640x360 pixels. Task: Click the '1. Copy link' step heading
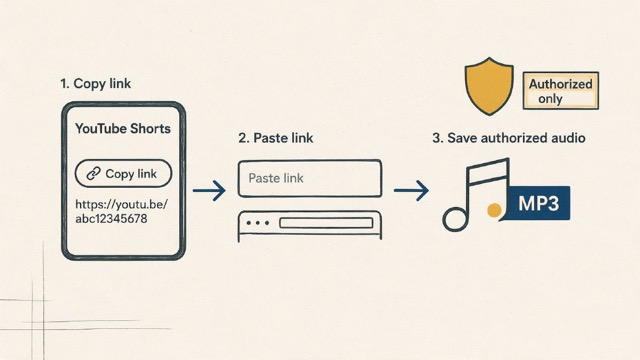(x=96, y=84)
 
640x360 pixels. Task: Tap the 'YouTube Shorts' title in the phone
(x=123, y=129)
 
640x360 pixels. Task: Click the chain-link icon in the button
(x=93, y=173)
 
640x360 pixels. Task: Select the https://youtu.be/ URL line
(x=122, y=204)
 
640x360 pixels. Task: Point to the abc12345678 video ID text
(x=111, y=219)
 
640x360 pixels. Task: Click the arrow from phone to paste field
(x=209, y=190)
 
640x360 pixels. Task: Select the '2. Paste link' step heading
(x=276, y=138)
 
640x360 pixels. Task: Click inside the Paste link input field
(x=310, y=178)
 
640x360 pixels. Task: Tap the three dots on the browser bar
(x=258, y=223)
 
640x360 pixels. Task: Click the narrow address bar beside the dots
(x=326, y=223)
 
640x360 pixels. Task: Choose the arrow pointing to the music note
(x=411, y=190)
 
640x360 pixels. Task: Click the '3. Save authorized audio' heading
(x=509, y=138)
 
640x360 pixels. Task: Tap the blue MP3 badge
(x=538, y=203)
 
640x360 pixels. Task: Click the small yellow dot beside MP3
(x=494, y=210)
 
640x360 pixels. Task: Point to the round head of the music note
(x=455, y=219)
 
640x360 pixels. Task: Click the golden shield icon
(x=489, y=86)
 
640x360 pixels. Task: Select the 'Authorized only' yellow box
(x=561, y=91)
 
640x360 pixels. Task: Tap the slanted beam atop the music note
(x=488, y=167)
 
